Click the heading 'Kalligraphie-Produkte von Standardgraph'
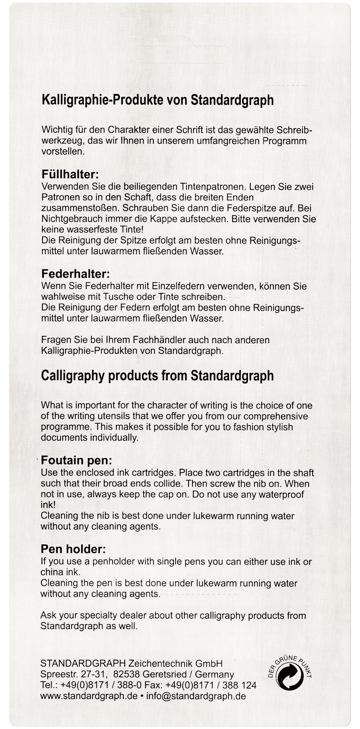pos(157,100)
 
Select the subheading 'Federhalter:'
pos(75,274)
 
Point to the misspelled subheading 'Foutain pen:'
pos(77,460)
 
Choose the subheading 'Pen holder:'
pos(73,549)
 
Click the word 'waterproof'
pos(281,494)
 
